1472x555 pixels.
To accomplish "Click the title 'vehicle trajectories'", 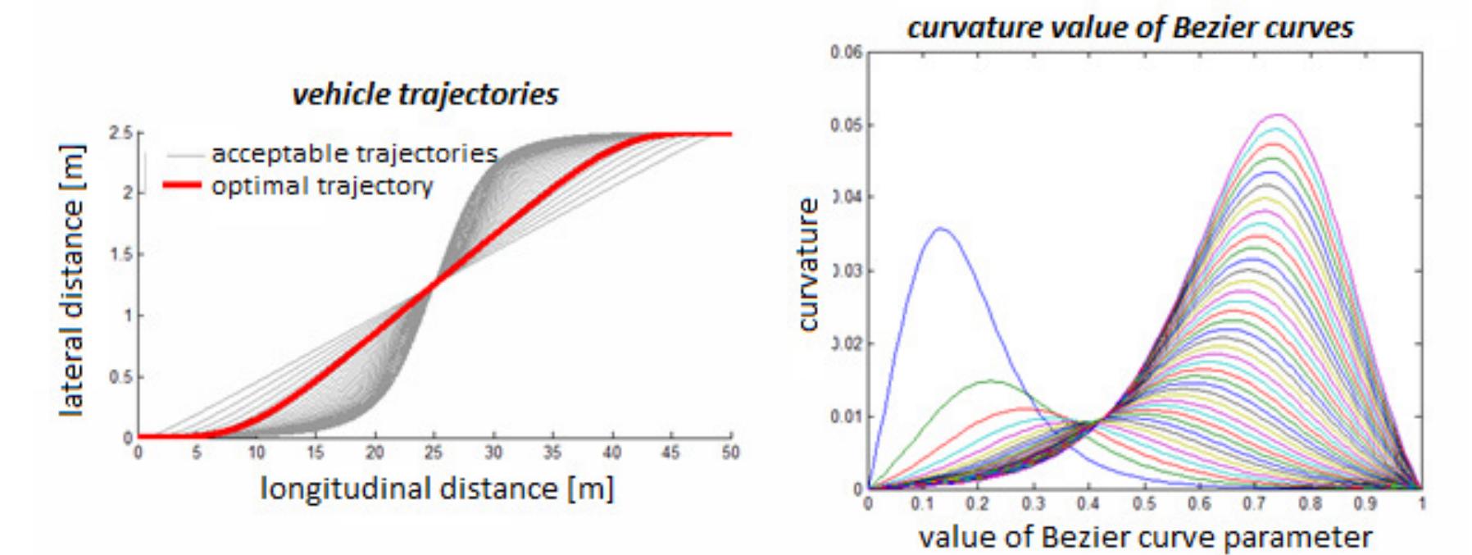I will [x=425, y=94].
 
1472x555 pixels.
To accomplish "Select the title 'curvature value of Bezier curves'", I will [x=1129, y=28].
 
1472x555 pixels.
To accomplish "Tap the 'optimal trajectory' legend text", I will [x=321, y=186].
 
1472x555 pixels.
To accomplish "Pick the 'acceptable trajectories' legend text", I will [x=354, y=153].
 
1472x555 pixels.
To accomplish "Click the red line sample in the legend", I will [x=182, y=185].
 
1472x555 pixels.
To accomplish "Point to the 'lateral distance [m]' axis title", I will [x=72, y=280].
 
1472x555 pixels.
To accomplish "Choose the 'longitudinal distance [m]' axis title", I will [x=437, y=489].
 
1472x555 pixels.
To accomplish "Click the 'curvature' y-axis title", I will [x=808, y=264].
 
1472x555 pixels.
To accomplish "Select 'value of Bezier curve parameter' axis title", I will [x=1144, y=538].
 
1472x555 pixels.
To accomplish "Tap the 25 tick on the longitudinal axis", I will [x=433, y=453].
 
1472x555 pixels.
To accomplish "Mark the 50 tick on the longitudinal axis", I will [x=729, y=453].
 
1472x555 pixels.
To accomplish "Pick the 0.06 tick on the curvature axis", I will [x=846, y=53].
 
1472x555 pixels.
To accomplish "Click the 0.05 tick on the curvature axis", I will [x=846, y=125].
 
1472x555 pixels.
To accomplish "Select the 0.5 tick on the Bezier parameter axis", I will [x=1144, y=503].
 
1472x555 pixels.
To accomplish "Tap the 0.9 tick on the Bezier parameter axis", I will [x=1365, y=503].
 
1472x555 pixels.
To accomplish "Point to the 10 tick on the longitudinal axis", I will [x=256, y=453].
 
